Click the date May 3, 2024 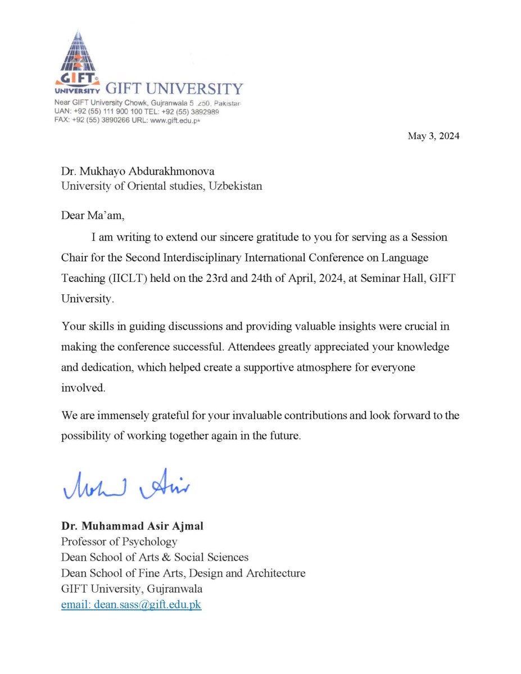click(433, 136)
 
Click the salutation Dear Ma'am click(93, 215)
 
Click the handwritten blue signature click(126, 484)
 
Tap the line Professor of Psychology click(119, 542)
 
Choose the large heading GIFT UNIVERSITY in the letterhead click(174, 89)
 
